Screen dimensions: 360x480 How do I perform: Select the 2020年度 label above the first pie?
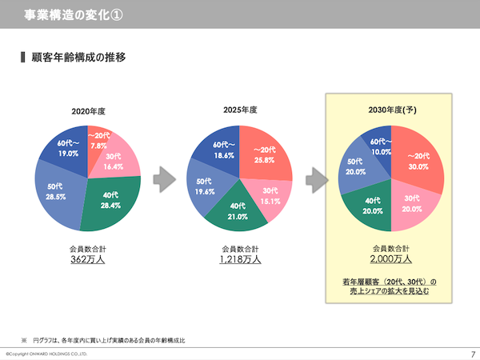(x=89, y=110)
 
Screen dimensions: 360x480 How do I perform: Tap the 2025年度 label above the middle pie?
(x=239, y=109)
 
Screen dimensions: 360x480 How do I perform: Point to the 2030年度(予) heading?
(x=391, y=110)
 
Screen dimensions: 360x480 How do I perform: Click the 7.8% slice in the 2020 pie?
(x=99, y=142)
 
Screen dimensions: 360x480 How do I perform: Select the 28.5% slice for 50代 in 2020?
(x=58, y=192)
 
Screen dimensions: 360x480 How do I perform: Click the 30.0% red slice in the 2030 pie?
(x=418, y=162)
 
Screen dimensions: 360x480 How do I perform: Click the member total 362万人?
(x=88, y=259)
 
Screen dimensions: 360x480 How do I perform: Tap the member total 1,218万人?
(x=239, y=259)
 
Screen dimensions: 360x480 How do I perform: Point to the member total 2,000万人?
(x=391, y=259)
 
